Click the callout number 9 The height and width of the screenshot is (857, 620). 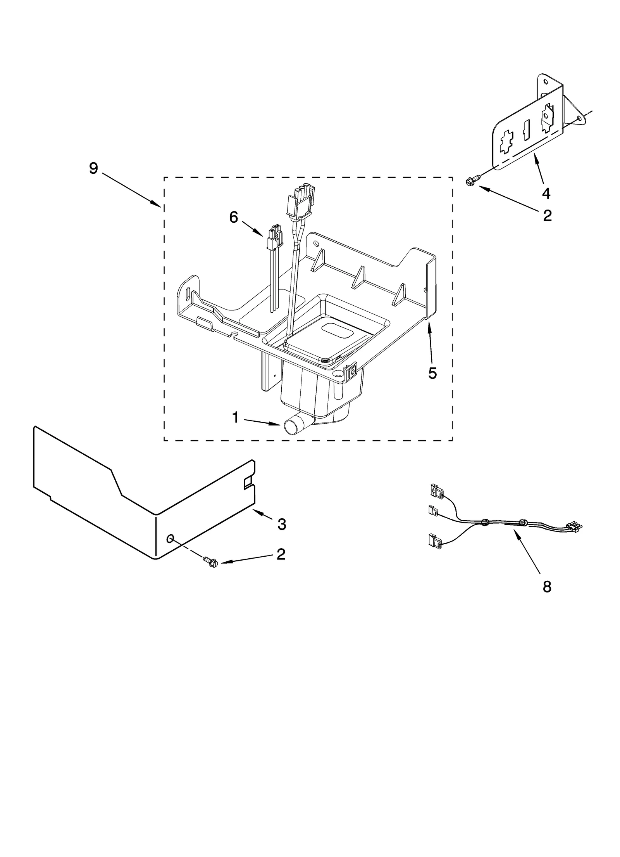(x=93, y=168)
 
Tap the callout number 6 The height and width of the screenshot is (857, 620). (x=233, y=217)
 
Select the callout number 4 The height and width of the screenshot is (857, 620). (x=546, y=193)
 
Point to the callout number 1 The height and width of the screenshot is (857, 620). (x=235, y=417)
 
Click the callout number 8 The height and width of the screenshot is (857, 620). (x=547, y=587)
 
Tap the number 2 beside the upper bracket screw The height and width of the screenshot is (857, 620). (x=547, y=215)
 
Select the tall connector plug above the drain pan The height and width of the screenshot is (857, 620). (x=300, y=202)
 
